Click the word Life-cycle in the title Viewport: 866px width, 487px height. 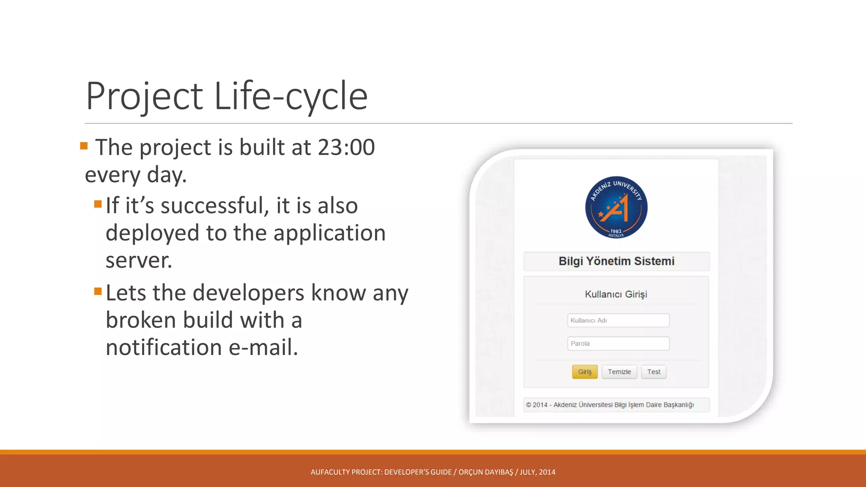click(x=291, y=96)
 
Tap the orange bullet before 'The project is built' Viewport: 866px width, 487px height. click(x=84, y=146)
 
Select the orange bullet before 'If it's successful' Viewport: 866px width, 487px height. click(x=98, y=205)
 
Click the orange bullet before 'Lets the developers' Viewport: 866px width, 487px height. click(x=98, y=291)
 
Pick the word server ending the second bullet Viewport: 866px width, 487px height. click(x=139, y=260)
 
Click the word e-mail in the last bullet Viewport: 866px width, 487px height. click(x=263, y=347)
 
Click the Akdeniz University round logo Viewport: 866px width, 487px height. click(x=616, y=208)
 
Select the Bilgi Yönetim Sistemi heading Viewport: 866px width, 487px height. click(x=616, y=261)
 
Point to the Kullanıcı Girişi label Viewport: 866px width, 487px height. click(x=616, y=294)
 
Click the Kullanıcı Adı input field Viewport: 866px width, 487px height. click(x=618, y=320)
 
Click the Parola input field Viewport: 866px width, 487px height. click(x=618, y=344)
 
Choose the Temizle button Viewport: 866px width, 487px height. click(x=619, y=372)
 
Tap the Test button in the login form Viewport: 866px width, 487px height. click(x=653, y=372)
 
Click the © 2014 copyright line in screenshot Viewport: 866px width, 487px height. click(x=610, y=405)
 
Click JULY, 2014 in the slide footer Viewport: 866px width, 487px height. click(x=537, y=472)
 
